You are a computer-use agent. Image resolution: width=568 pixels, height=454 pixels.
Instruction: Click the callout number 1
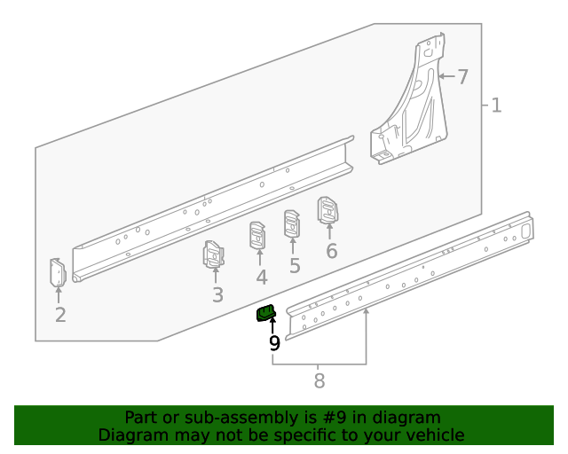[x=497, y=106]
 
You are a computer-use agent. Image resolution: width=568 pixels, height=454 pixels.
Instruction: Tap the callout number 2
[x=60, y=315]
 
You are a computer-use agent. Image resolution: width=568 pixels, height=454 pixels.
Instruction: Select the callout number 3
[x=217, y=294]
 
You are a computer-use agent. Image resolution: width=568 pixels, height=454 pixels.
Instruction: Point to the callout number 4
[x=262, y=277]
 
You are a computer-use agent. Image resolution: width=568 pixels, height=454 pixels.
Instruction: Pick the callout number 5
[x=295, y=266]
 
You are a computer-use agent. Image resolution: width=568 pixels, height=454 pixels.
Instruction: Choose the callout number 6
[x=332, y=251]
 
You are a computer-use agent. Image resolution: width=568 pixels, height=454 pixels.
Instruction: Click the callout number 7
[x=462, y=77]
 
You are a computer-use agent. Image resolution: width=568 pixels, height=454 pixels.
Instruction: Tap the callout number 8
[x=319, y=381]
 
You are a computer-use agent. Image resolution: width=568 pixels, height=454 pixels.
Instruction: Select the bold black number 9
[x=274, y=343]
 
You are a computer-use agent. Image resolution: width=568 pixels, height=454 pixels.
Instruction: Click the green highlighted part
[x=266, y=313]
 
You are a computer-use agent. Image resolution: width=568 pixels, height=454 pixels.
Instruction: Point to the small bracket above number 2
[x=58, y=272]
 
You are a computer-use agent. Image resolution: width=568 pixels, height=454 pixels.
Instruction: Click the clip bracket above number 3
[x=213, y=254]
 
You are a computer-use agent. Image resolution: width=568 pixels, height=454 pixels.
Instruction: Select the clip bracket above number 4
[x=257, y=235]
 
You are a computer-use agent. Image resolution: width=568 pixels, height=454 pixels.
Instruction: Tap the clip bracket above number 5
[x=292, y=223]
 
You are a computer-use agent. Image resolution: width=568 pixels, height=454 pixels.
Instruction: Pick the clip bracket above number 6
[x=327, y=210]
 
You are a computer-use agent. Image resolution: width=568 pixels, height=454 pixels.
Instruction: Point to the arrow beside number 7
[x=446, y=76]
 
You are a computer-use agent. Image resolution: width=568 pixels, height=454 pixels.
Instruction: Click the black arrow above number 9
[x=272, y=325]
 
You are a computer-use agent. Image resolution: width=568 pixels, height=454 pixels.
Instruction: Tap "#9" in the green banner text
[x=334, y=418]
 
